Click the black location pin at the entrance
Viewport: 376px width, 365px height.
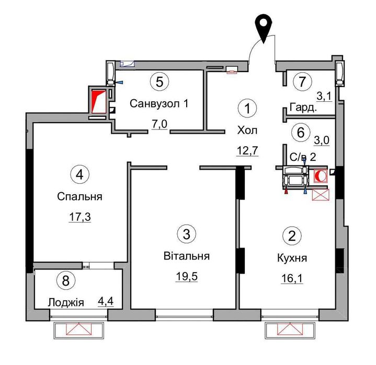263,28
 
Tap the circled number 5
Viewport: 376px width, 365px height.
159,81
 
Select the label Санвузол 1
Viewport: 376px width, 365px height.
159,104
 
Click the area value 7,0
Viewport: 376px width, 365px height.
159,124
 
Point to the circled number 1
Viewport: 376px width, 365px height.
247,108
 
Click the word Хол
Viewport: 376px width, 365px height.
247,131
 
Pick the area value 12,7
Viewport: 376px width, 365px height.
247,150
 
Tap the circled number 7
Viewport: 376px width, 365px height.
302,81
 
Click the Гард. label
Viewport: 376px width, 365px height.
303,107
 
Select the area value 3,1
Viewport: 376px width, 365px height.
324,97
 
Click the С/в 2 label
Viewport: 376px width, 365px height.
303,157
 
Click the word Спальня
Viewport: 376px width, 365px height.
79,197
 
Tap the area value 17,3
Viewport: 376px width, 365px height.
80,217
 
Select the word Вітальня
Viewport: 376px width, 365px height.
187,256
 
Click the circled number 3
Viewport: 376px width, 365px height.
186,234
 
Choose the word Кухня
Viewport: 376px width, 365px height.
292,258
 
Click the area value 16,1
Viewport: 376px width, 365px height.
292,278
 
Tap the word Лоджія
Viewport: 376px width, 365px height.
66,302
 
